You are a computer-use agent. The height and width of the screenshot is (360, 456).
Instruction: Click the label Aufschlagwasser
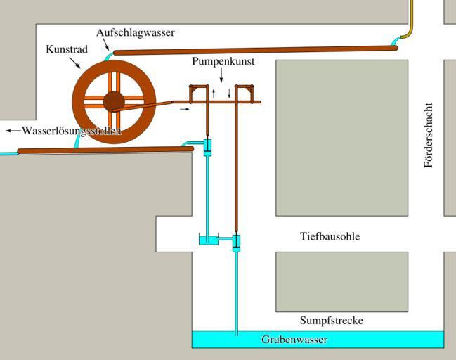point(135,32)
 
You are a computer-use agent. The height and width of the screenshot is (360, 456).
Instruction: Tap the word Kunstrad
point(67,50)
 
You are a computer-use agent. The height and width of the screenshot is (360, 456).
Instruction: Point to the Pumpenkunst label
point(223,62)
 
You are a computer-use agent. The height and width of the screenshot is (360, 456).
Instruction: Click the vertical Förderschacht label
point(429,136)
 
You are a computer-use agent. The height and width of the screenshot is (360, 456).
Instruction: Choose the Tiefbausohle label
point(330,237)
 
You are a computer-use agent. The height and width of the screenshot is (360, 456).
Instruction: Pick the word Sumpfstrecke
point(332,321)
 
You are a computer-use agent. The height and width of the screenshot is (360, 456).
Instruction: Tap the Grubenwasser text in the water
point(294,340)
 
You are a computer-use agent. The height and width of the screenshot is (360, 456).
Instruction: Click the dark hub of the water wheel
point(114,102)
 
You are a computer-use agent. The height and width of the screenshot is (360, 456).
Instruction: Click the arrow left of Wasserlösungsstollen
point(12,131)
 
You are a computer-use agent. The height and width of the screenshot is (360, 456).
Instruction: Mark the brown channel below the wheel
point(105,150)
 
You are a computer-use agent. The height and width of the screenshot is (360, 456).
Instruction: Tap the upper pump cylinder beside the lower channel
point(207,148)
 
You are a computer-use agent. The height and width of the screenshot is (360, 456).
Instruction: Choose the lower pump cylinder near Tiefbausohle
point(236,243)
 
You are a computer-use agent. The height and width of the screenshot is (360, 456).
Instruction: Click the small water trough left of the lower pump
point(209,241)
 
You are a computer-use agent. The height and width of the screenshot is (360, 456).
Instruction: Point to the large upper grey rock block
point(341,137)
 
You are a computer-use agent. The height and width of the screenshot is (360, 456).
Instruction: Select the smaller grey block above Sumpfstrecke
point(341,281)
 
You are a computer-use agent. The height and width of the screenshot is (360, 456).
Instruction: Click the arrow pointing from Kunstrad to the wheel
point(76,63)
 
